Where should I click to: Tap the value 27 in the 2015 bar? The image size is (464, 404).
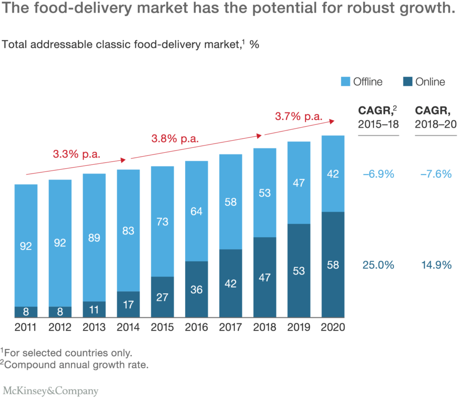click(162, 297)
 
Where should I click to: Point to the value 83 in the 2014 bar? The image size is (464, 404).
click(129, 231)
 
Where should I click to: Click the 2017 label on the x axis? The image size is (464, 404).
click(231, 327)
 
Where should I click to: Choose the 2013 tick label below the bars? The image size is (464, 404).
click(94, 327)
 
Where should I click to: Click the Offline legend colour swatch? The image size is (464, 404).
click(346, 82)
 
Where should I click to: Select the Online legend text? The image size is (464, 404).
click(430, 82)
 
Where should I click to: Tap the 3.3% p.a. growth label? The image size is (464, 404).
click(76, 154)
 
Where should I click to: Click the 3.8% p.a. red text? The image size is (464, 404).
click(175, 139)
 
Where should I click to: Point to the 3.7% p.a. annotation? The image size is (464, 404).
click(299, 116)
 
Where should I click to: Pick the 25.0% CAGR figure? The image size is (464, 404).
click(378, 265)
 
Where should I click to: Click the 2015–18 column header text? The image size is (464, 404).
click(378, 124)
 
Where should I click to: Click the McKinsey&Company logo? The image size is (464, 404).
click(50, 391)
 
